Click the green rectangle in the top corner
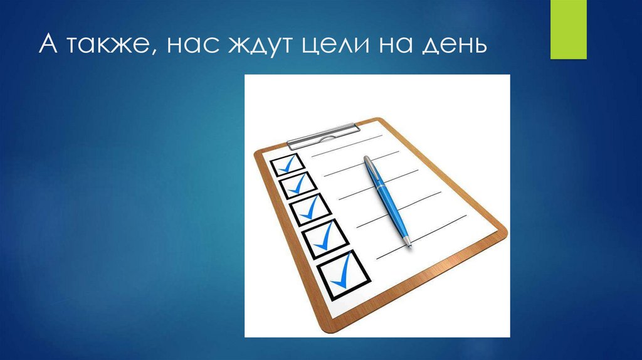pos(568,29)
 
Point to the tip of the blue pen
pos(410,246)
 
